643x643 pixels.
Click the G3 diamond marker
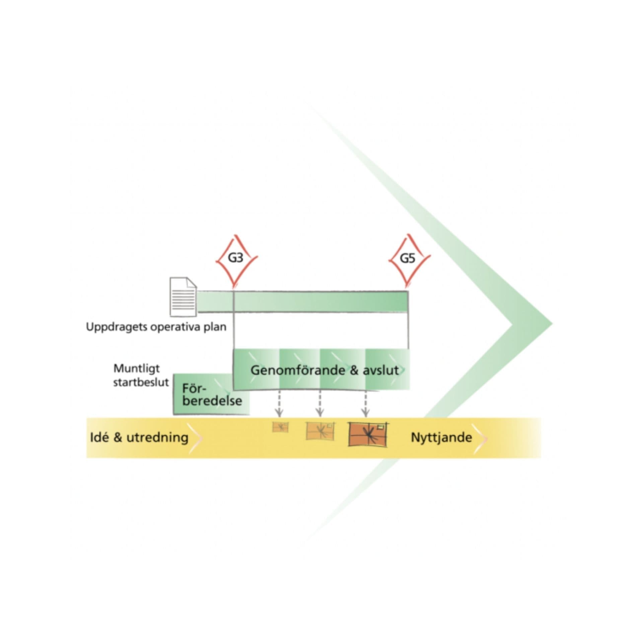click(x=236, y=259)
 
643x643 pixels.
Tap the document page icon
click(x=183, y=297)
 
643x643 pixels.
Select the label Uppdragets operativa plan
click(x=156, y=327)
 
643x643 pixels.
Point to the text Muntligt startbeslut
click(x=141, y=375)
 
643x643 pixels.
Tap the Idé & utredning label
click(x=139, y=437)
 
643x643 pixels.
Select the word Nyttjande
click(x=441, y=437)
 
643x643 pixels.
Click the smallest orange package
click(x=280, y=427)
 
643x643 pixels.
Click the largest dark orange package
click(x=367, y=434)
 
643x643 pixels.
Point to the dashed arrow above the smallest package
click(x=279, y=404)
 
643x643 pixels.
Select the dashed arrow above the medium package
click(x=320, y=404)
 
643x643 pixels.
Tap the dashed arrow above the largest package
click(x=366, y=404)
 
